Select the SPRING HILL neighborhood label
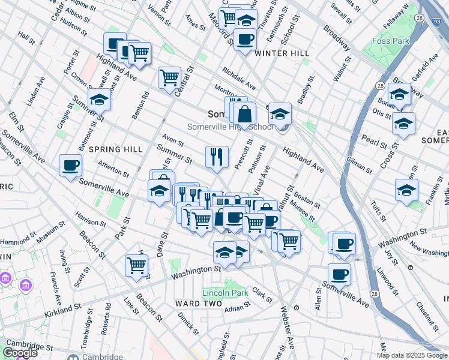coord(116,149)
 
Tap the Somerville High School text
coord(231,127)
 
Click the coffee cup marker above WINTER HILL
coord(245,40)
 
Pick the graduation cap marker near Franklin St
coord(407,190)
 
